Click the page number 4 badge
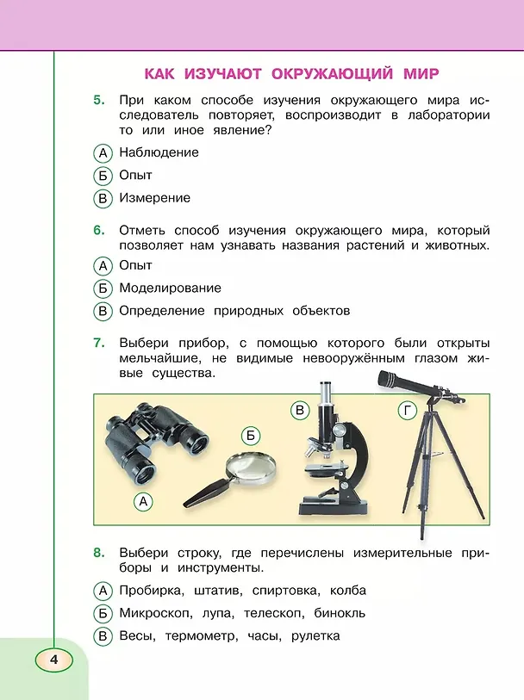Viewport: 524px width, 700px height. coord(54,660)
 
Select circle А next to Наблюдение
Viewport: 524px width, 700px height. coord(103,153)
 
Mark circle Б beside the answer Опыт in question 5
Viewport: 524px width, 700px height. coord(103,176)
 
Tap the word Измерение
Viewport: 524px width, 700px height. coord(154,198)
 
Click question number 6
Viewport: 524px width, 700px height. coord(99,231)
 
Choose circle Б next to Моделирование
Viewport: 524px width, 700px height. coord(103,288)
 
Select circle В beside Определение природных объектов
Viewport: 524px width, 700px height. coord(103,311)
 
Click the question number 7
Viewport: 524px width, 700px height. coord(99,343)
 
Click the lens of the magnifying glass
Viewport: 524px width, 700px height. coord(251,468)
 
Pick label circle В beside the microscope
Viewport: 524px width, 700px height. coord(300,410)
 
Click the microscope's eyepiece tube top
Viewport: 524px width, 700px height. coord(326,384)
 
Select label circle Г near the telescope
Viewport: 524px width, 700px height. coord(407,410)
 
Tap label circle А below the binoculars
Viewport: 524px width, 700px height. coord(143,501)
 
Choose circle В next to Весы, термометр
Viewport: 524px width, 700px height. coord(103,636)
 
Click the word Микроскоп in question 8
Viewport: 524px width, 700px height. coord(155,613)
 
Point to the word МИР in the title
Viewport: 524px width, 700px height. coord(421,73)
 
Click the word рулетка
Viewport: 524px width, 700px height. coord(315,636)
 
